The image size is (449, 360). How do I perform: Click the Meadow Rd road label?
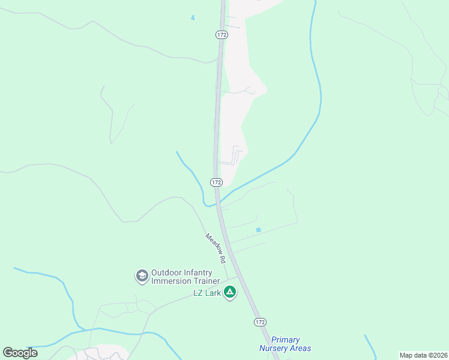click(215, 249)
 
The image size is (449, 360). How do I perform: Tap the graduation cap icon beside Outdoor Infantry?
click(142, 276)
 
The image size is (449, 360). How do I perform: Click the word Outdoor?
click(167, 272)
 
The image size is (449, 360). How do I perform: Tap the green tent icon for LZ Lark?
click(229, 292)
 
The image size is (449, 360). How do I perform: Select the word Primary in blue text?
click(285, 340)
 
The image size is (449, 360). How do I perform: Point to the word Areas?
click(300, 348)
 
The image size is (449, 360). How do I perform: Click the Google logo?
click(20, 353)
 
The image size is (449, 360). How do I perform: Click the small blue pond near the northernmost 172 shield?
click(193, 18)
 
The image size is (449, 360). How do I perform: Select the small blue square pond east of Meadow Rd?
click(259, 230)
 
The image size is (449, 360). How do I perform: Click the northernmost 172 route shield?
click(221, 35)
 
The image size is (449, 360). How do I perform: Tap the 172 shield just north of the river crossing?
click(217, 182)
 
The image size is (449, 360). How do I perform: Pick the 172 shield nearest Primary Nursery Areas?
click(259, 322)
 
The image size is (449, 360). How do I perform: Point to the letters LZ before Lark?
click(198, 293)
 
